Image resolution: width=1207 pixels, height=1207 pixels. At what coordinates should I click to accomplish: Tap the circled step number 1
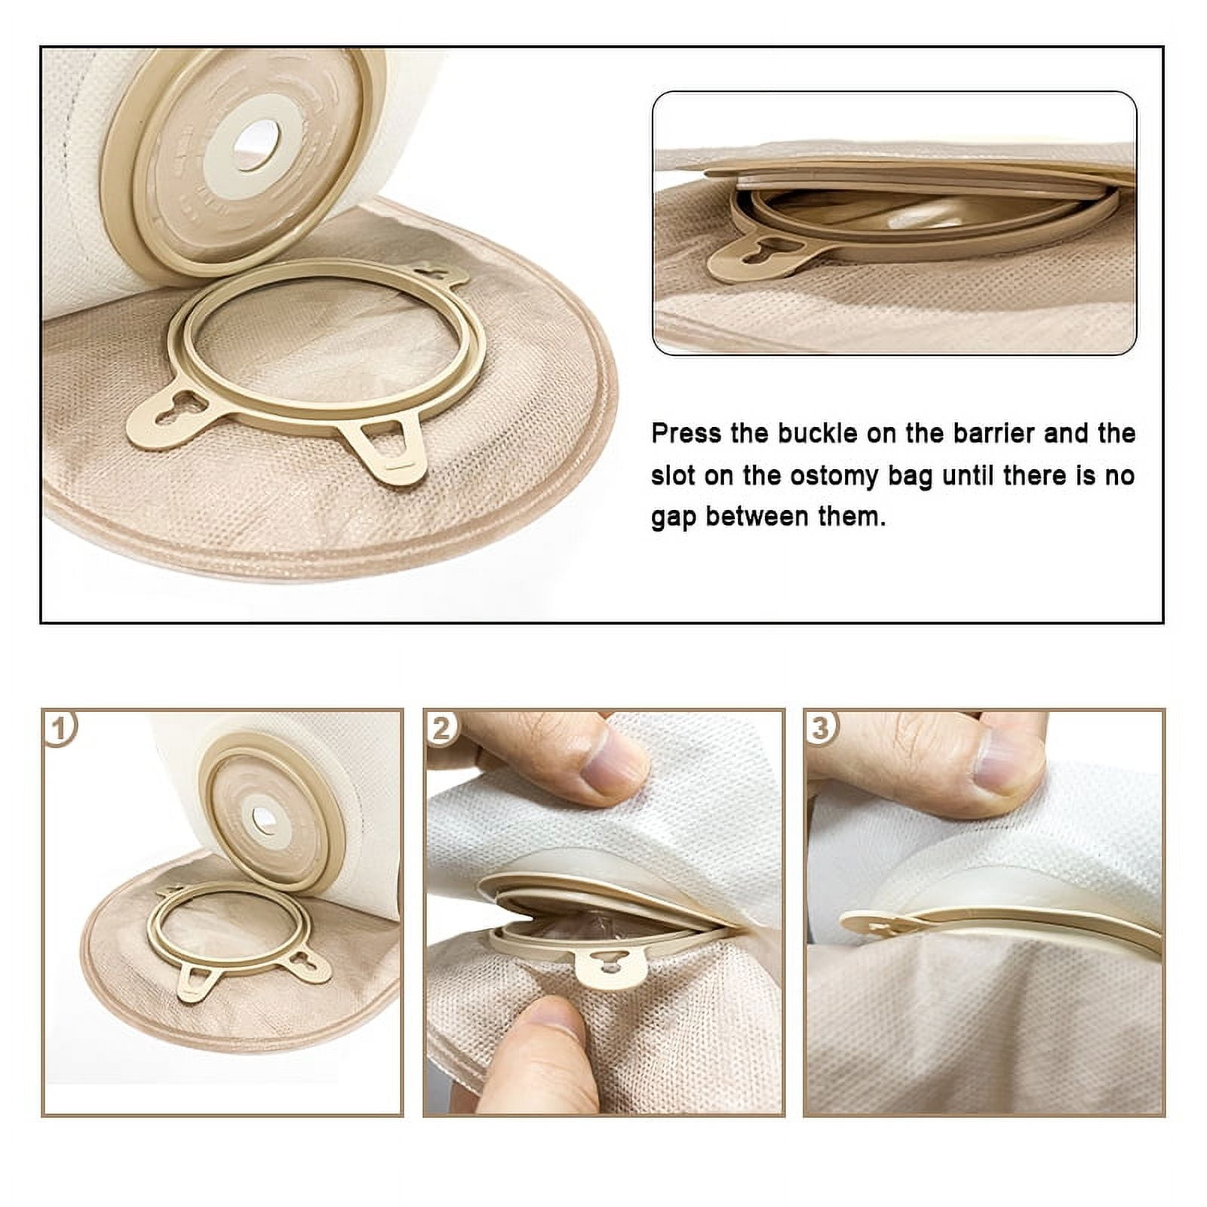(x=60, y=728)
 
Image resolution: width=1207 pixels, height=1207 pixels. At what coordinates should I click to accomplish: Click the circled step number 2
(x=441, y=728)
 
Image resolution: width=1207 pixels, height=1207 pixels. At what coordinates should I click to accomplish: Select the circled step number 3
(x=822, y=728)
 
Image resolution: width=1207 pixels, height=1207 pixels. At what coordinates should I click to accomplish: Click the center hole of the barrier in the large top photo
(x=256, y=145)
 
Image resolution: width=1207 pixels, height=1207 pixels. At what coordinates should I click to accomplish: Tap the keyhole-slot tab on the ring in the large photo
(x=178, y=413)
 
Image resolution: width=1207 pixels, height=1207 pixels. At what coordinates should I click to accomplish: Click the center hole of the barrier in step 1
(x=263, y=821)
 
